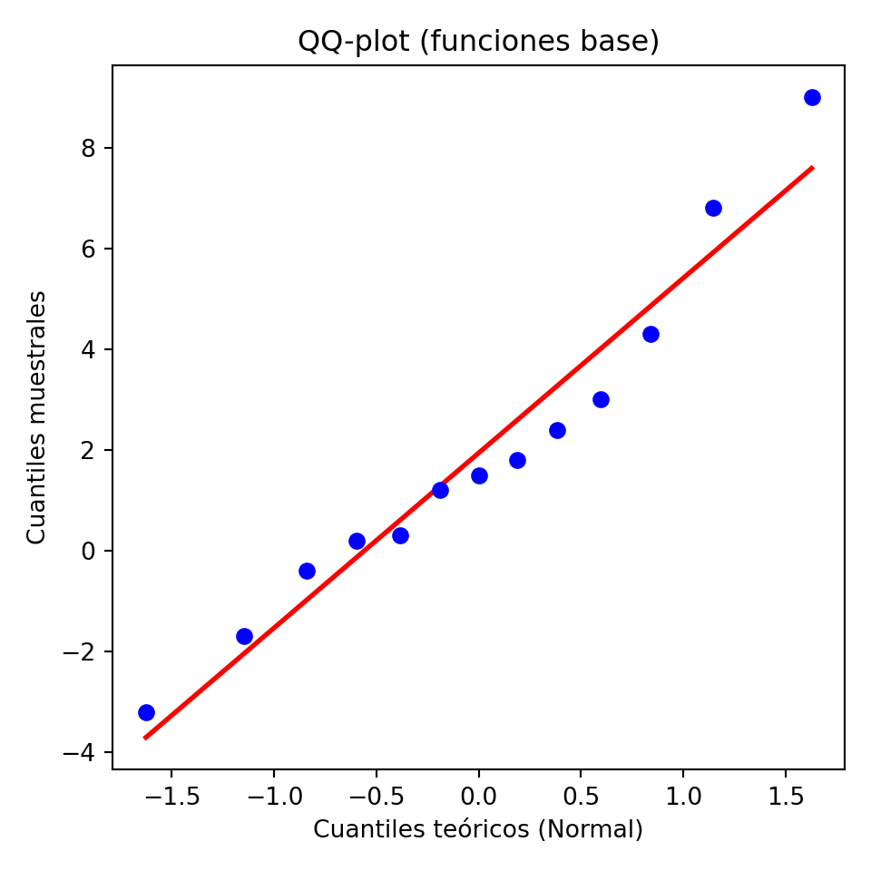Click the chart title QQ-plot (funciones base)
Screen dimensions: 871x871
[x=478, y=42]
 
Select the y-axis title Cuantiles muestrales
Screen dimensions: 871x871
[x=36, y=417]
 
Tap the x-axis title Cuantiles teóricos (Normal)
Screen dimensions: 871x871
[x=478, y=829]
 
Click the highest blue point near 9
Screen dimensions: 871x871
[x=812, y=97]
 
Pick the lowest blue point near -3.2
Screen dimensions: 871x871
[x=146, y=712]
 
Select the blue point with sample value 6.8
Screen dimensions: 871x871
[x=713, y=208]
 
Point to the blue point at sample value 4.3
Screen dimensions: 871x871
[x=651, y=334]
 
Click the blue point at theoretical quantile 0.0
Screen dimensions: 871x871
[x=479, y=475]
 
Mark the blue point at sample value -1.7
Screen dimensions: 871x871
[x=244, y=636]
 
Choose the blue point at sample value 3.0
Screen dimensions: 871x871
[x=601, y=399]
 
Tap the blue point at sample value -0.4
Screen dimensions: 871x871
[x=307, y=571]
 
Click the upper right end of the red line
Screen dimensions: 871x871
[x=812, y=168]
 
